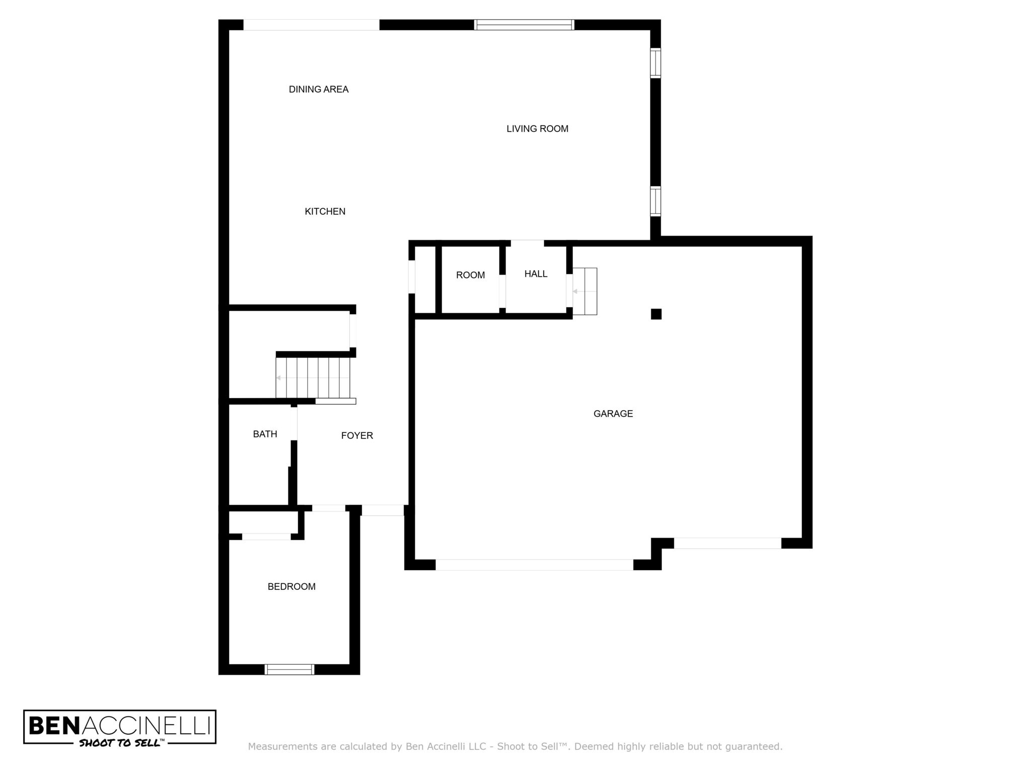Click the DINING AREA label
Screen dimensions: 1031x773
[319, 90]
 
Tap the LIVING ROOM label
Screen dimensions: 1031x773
[537, 129]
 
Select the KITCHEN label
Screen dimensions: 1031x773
[325, 212]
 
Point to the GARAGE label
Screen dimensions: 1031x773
[613, 414]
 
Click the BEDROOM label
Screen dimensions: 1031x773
[291, 587]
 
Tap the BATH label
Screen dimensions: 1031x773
[265, 434]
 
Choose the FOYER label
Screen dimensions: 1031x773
[357, 436]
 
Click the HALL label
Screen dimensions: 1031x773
[536, 274]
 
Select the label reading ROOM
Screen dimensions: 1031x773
[471, 275]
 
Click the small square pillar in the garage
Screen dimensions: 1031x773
[656, 314]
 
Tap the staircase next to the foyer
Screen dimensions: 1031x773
[313, 377]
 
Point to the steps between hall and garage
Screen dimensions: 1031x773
[585, 291]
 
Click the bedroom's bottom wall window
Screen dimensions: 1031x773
[289, 669]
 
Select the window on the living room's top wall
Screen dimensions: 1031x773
[524, 25]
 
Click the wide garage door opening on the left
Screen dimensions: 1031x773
[534, 565]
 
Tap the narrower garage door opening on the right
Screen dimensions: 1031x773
[727, 543]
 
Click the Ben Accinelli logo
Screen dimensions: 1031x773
[120, 727]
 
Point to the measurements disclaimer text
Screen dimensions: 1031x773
[515, 747]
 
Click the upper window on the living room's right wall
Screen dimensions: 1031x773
[655, 63]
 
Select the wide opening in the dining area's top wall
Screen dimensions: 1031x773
[312, 25]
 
